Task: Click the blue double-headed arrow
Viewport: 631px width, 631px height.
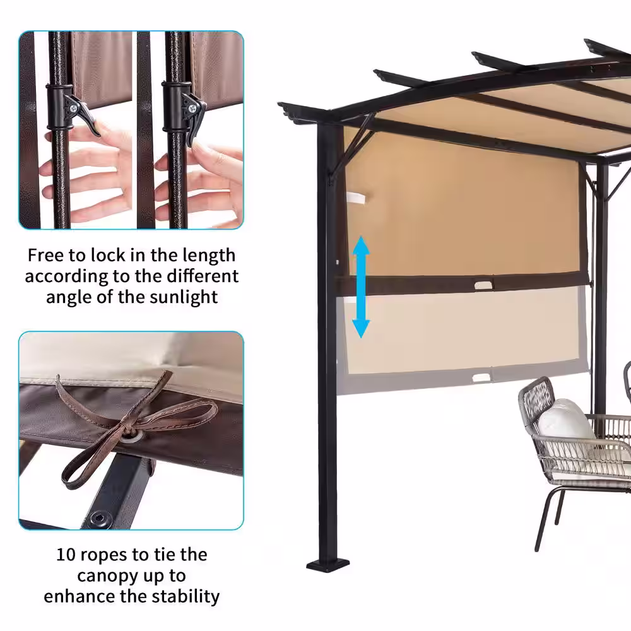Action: [361, 287]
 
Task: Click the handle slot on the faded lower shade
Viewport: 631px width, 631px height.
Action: [481, 378]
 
